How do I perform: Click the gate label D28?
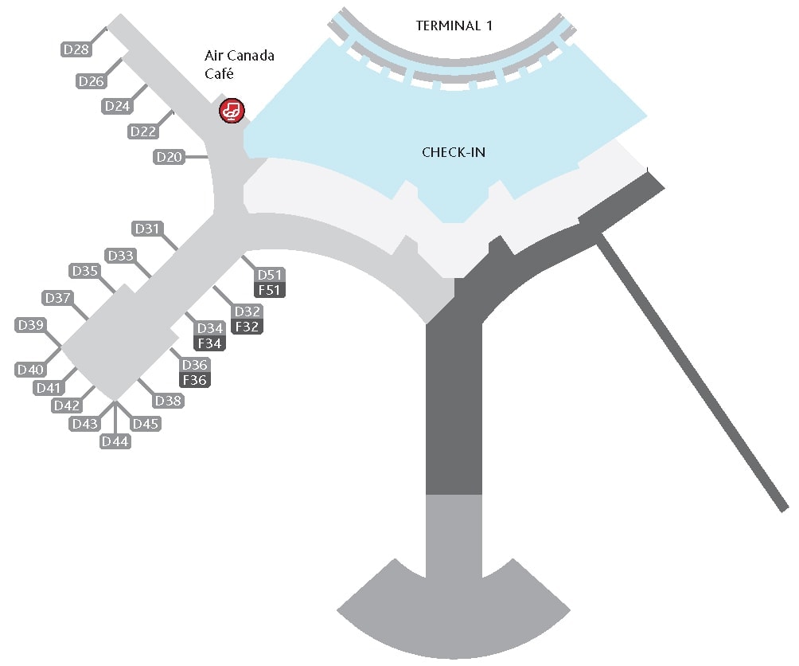point(76,49)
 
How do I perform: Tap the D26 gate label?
point(92,80)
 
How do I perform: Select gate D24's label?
point(118,106)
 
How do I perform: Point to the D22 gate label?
point(143,131)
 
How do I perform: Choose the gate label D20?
point(170,157)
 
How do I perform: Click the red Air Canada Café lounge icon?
point(232,110)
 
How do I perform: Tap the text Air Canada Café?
point(240,64)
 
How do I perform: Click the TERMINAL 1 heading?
point(454,25)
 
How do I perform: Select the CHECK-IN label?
point(454,152)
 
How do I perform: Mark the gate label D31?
point(147,229)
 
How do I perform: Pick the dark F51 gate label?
point(269,290)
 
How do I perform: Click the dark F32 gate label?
point(247,326)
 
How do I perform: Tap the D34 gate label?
point(210,328)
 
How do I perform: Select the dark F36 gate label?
point(195,380)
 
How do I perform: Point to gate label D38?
point(169,401)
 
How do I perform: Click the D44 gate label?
point(115,441)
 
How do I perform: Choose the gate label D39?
point(31,325)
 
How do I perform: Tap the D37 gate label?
point(58,298)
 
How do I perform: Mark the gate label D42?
point(67,405)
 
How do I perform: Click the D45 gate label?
point(146,424)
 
